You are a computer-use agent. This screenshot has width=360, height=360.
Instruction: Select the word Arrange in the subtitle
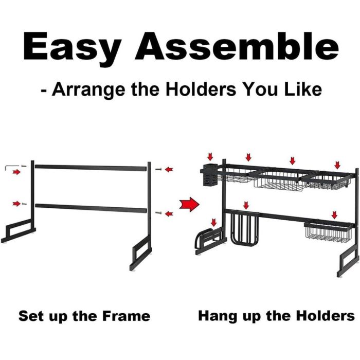click(88, 90)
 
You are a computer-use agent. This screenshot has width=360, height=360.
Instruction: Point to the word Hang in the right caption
click(219, 317)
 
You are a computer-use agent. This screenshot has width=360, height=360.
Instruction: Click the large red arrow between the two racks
click(189, 204)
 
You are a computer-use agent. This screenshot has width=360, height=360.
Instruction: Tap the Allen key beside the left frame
click(12, 167)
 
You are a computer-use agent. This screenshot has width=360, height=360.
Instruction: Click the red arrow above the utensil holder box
click(210, 157)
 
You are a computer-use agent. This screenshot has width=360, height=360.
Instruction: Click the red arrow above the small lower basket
click(334, 214)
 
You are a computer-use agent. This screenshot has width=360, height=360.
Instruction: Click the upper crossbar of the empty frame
click(91, 168)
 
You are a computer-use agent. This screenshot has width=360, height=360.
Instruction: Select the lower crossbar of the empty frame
click(91, 208)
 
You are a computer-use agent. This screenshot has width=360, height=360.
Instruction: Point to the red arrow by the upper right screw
click(169, 169)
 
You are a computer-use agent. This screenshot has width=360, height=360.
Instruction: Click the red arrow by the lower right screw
click(169, 214)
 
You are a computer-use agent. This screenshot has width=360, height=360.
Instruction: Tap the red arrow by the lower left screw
click(16, 204)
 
